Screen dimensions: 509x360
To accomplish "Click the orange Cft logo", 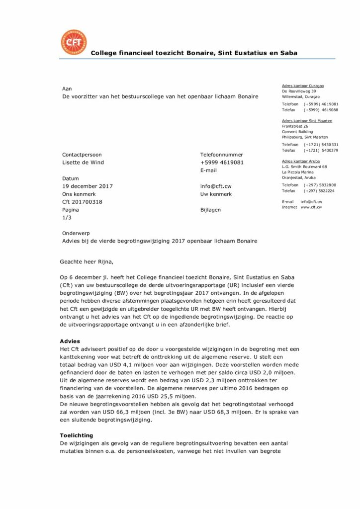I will point(73,42).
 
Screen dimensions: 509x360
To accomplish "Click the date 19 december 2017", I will point(88,186).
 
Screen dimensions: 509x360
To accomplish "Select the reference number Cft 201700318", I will point(82,202).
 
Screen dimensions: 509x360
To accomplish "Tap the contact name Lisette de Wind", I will point(83,163).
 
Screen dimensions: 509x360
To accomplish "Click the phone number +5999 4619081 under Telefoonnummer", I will point(222,163).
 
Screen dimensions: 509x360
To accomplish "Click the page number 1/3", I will point(67,218).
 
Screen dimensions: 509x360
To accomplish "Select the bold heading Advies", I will point(70,341).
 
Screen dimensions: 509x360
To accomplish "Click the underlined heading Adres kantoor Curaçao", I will point(302,86).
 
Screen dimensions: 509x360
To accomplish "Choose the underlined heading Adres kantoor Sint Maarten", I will point(307,121).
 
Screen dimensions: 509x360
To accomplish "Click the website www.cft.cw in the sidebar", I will point(311,207).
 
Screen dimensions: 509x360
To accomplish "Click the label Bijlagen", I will point(210,210).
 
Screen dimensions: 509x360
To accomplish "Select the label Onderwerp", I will point(76,233).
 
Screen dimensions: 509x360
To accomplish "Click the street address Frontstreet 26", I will point(295,126).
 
